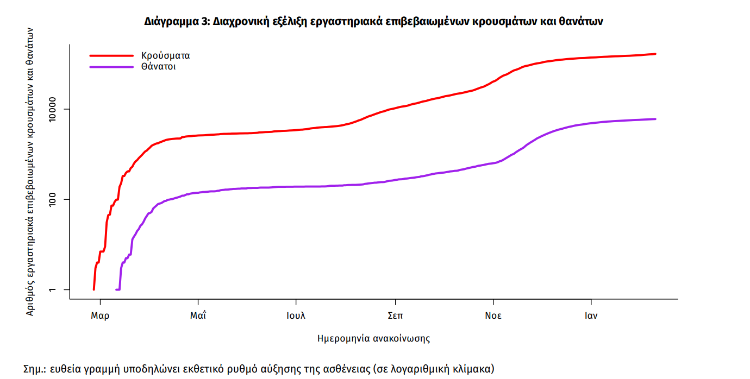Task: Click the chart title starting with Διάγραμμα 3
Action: click(374, 22)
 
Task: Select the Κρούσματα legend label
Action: click(165, 55)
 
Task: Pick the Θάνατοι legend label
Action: click(158, 67)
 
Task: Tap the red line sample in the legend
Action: click(111, 55)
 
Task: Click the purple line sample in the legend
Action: click(111, 67)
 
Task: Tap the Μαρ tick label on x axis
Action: click(100, 315)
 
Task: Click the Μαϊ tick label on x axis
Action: click(198, 315)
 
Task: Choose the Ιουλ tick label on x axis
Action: click(296, 315)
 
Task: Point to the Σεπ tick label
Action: click(395, 315)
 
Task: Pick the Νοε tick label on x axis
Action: click(493, 315)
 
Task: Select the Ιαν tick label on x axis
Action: click(591, 315)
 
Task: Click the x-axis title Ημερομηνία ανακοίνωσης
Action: click(374, 338)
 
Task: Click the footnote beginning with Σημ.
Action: click(259, 369)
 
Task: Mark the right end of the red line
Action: click(655, 54)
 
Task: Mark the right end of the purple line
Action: click(655, 119)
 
